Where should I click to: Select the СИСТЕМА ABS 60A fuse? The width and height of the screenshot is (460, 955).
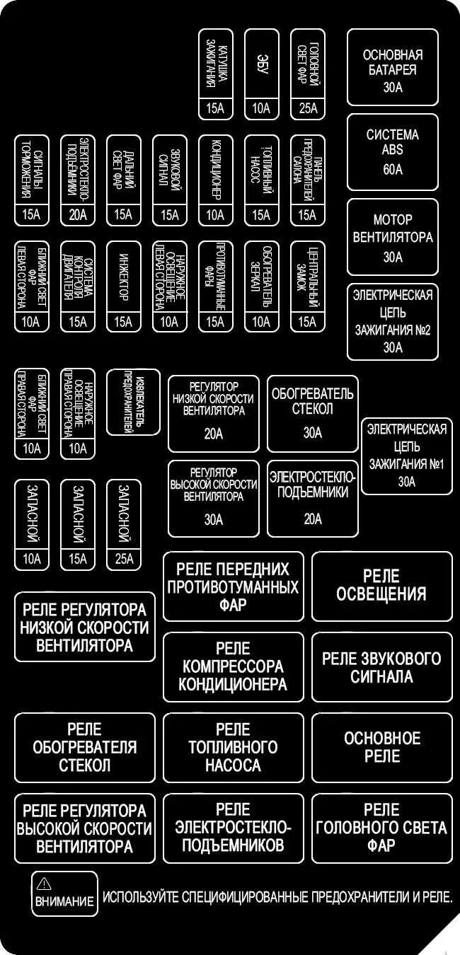(x=392, y=151)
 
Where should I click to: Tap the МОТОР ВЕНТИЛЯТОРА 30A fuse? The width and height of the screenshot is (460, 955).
(x=392, y=236)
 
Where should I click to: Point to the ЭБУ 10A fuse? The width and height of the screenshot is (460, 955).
(x=261, y=74)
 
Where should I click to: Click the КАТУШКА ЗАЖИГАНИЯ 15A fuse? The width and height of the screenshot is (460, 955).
(x=215, y=74)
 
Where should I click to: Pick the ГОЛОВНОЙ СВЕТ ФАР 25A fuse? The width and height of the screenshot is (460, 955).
(x=307, y=74)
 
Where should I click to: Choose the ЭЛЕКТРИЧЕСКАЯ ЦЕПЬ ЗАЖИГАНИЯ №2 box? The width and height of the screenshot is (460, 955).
(x=392, y=321)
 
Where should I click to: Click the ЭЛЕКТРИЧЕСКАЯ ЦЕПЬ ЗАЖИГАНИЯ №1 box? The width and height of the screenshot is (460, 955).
(x=406, y=456)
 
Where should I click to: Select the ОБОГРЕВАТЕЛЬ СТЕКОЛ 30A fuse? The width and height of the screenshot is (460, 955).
(x=312, y=413)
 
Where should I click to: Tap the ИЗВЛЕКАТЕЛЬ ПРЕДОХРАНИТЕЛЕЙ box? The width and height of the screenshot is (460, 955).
(x=133, y=401)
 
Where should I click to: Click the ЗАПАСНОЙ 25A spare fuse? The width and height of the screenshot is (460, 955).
(x=123, y=524)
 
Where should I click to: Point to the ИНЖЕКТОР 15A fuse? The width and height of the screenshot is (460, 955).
(x=123, y=286)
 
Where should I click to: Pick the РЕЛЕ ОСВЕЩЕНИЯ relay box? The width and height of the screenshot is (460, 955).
(x=381, y=586)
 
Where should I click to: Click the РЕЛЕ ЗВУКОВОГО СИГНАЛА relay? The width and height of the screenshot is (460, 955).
(x=381, y=666)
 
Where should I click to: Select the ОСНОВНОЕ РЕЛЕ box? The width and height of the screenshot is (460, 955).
(x=381, y=747)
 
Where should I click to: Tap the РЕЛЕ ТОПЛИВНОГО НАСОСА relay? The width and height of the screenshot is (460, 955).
(x=233, y=747)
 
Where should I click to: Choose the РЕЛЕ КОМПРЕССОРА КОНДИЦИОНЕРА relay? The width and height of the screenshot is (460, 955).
(x=233, y=666)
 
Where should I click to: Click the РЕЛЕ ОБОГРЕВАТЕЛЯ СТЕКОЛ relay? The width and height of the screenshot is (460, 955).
(x=84, y=747)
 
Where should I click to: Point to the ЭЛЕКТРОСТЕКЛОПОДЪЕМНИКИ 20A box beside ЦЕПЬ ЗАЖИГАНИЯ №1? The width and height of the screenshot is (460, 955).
(x=312, y=498)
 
